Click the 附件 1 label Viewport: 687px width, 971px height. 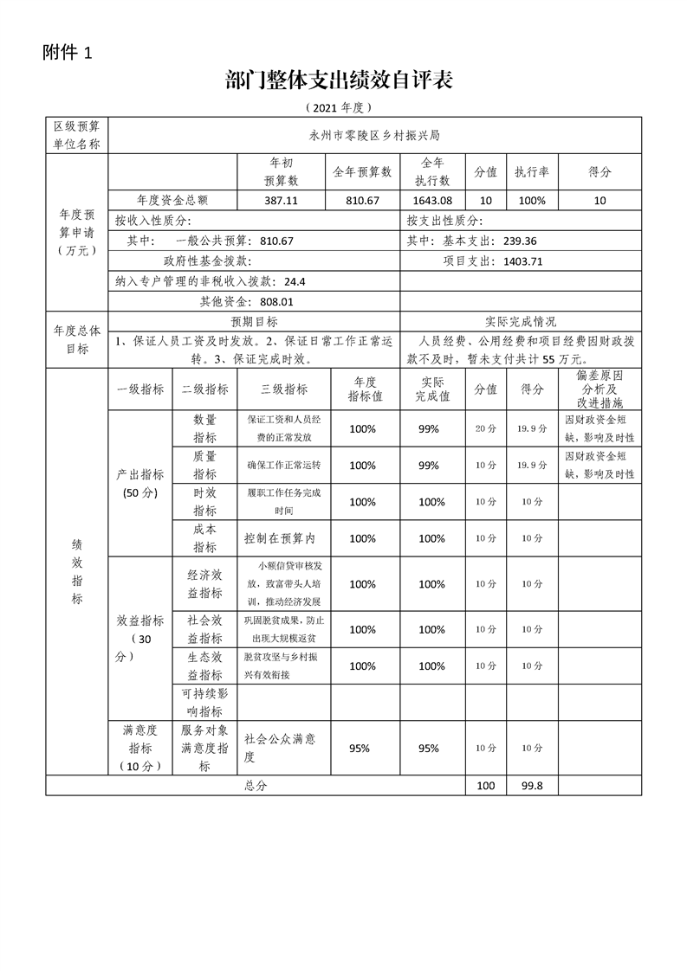coord(67,52)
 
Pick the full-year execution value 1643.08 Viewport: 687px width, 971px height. coord(432,200)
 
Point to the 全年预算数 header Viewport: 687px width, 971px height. coord(362,172)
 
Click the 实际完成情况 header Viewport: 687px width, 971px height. coord(521,322)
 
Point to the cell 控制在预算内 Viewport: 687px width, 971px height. coord(280,538)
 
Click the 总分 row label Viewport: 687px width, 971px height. coord(256,786)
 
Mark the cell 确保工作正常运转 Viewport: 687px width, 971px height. coord(283,465)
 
